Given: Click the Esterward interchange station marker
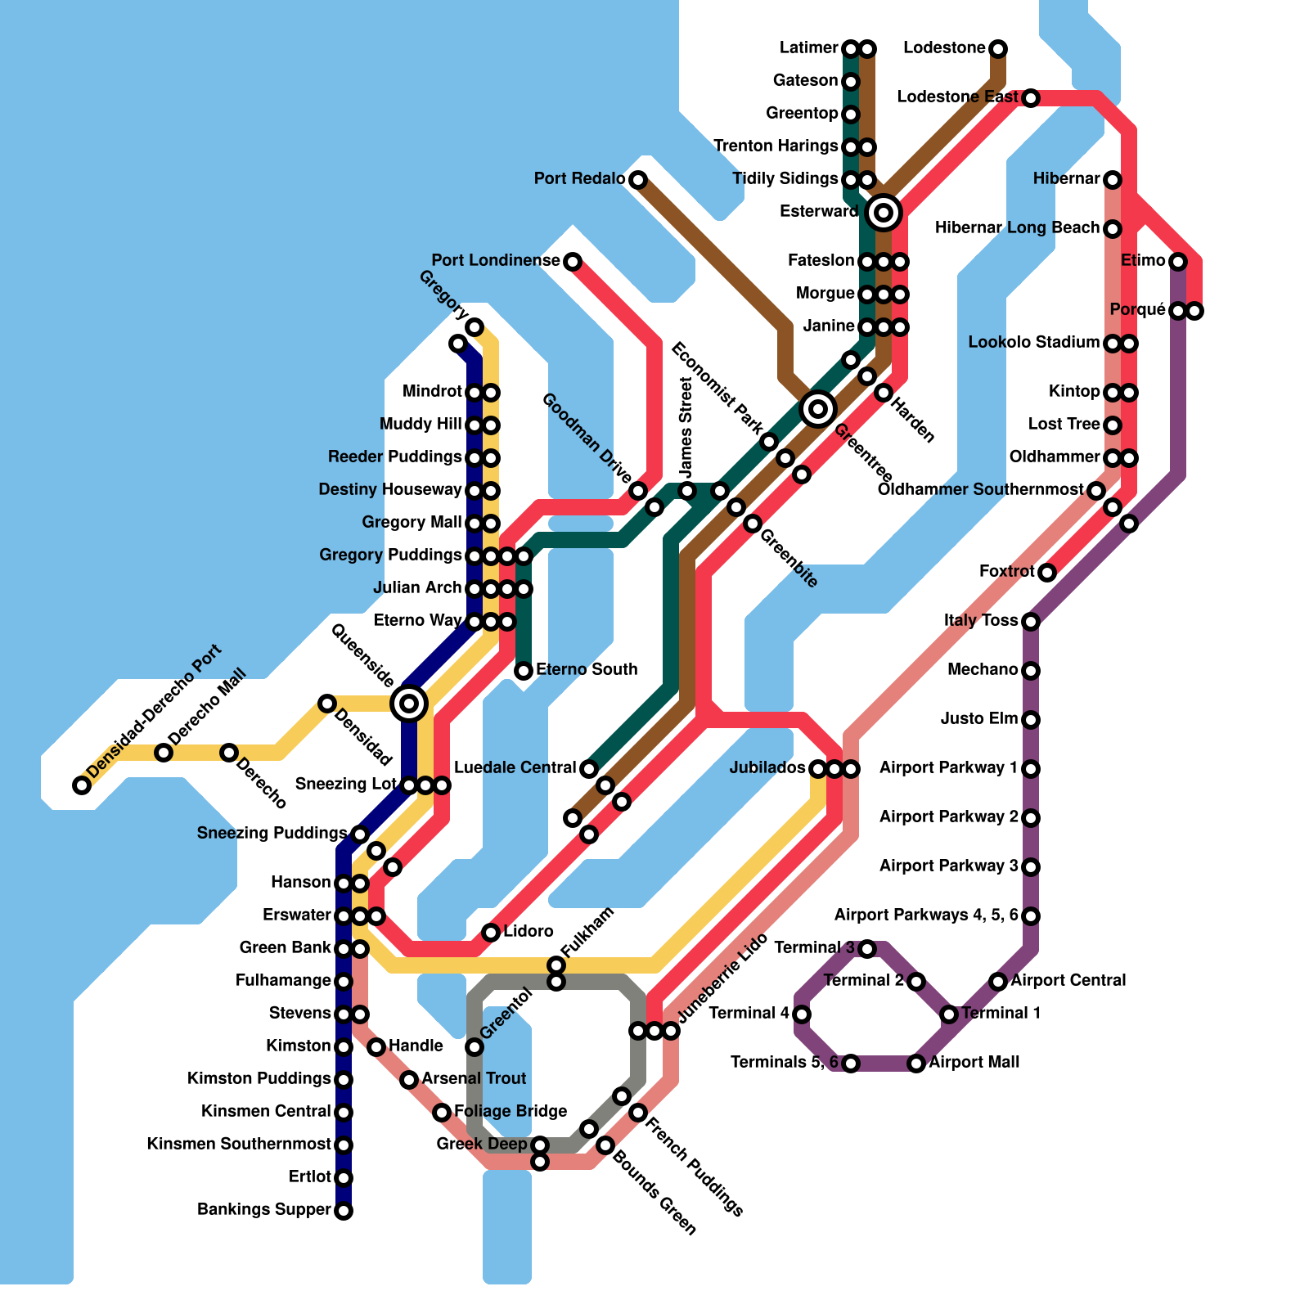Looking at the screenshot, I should tap(884, 213).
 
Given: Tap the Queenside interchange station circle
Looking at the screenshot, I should tap(409, 703).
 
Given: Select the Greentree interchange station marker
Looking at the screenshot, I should tap(818, 408).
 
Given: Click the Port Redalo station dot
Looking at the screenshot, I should tap(638, 179).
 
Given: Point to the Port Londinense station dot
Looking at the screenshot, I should tap(573, 262).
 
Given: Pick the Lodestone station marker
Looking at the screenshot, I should tap(998, 49).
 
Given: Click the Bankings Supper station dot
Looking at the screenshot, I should tap(344, 1211).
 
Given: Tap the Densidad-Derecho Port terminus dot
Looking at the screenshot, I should tap(82, 785).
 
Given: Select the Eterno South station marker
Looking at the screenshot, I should tap(524, 671).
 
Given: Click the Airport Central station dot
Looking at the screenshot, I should tap(998, 981).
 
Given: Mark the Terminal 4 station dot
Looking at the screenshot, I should tap(802, 1014).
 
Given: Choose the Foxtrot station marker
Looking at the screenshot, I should tap(1047, 573).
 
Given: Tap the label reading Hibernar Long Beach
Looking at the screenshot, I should tap(1017, 228).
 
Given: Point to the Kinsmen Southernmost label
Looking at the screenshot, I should tap(239, 1145).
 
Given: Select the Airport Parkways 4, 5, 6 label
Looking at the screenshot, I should tap(926, 915).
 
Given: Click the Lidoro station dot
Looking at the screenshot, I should tap(491, 933).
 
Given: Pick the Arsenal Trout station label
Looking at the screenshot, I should tap(474, 1079).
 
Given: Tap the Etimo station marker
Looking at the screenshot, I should tap(1178, 262).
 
